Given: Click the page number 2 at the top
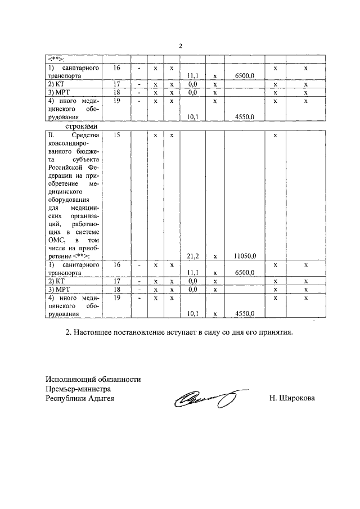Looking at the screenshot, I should point(181,46).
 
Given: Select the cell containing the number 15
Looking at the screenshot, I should point(117,136).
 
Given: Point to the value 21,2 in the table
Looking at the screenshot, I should point(191,256).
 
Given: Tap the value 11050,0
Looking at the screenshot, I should point(245,256).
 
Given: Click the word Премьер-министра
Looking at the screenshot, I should point(78,389).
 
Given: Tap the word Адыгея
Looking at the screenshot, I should point(97,398).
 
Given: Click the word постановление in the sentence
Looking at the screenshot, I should point(142,333).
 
